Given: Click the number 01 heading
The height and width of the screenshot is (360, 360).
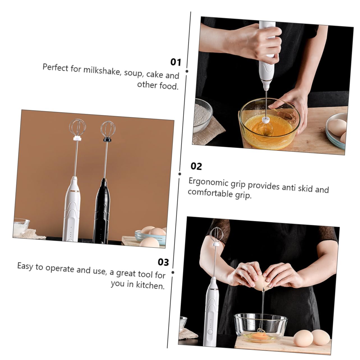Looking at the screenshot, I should pos(176,62).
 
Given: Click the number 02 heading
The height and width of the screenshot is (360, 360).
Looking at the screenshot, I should pos(196,166).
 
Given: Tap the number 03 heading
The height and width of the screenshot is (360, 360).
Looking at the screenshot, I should pos(163,262).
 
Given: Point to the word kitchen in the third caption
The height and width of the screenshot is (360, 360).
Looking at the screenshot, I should pos(150,285).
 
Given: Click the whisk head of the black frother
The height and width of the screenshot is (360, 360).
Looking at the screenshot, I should pos(108,129).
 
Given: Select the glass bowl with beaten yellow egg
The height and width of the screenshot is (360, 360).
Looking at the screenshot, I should pos(269,123).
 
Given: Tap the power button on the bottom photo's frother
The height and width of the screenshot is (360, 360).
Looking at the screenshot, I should pos(210,332).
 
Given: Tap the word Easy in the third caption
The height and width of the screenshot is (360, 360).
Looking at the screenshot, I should pos(25,266).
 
